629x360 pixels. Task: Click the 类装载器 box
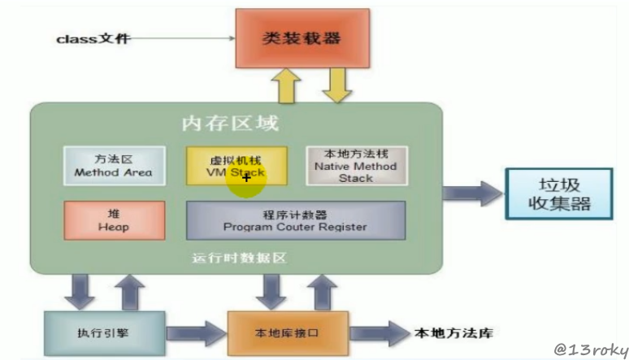pos(301,39)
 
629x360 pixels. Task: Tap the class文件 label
pos(93,38)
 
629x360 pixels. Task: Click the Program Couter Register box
pos(296,220)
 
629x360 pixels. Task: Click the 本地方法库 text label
pos(453,332)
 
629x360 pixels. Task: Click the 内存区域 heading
pos(230,124)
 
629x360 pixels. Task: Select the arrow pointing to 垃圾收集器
pos(473,193)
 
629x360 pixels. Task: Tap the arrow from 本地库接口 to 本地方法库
pos(379,332)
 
